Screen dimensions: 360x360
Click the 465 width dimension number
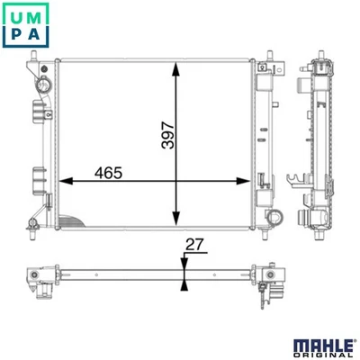pyautogui.click(x=108, y=173)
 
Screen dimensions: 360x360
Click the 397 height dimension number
pyautogui.click(x=167, y=135)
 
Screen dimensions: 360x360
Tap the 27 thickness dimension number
pyautogui.click(x=194, y=245)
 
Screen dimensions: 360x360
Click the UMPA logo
pyautogui.click(x=25, y=25)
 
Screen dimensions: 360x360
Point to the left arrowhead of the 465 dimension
pyautogui.click(x=66, y=181)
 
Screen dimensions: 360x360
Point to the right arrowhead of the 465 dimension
pyautogui.click(x=243, y=181)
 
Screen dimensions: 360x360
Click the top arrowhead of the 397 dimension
pyautogui.click(x=176, y=69)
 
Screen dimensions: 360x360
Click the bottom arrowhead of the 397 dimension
pyautogui.click(x=176, y=218)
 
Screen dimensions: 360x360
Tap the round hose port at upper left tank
pyautogui.click(x=43, y=85)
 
